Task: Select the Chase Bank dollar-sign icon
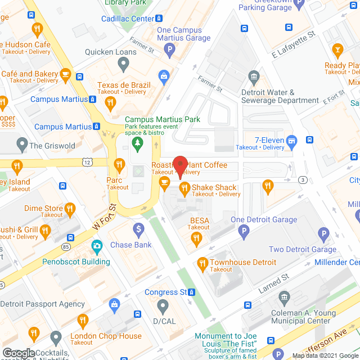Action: (x=138, y=229)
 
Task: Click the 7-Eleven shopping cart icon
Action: (x=291, y=140)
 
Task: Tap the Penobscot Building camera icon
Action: (x=97, y=246)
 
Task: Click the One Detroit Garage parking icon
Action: (x=244, y=230)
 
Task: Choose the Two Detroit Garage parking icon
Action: (x=323, y=234)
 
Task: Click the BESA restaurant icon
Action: (x=196, y=239)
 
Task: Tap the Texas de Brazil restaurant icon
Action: (x=110, y=102)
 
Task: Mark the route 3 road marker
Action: (x=303, y=179)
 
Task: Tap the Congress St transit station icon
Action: (x=192, y=292)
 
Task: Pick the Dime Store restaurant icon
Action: (x=70, y=210)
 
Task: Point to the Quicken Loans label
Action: (x=111, y=52)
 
